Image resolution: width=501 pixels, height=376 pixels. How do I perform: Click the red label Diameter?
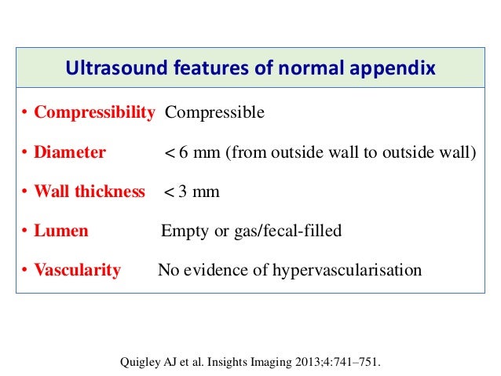pyautogui.click(x=69, y=152)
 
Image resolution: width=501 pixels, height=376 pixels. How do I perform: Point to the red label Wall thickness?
pyautogui.click(x=90, y=192)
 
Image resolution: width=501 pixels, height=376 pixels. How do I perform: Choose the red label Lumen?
pyautogui.click(x=60, y=231)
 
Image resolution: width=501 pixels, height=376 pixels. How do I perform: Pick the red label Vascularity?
pyautogui.click(x=77, y=271)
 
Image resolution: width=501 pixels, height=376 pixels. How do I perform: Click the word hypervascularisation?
pyautogui.click(x=346, y=271)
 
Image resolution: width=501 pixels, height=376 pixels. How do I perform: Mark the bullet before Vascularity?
pyautogui.click(x=25, y=272)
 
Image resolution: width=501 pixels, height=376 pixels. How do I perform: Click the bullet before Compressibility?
pyautogui.click(x=25, y=113)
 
